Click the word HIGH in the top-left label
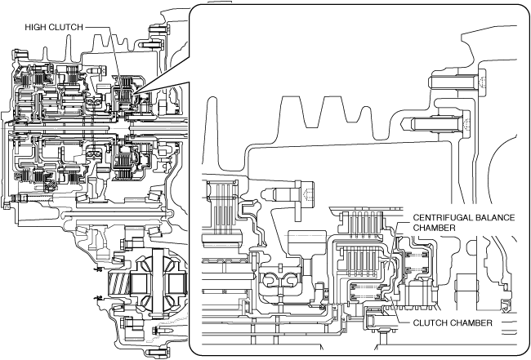coord(36,27)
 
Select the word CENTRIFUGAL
coord(441,217)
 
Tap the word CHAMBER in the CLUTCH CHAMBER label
coord(471,323)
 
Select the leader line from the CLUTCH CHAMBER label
coord(398,313)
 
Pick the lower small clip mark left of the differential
coord(97,299)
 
